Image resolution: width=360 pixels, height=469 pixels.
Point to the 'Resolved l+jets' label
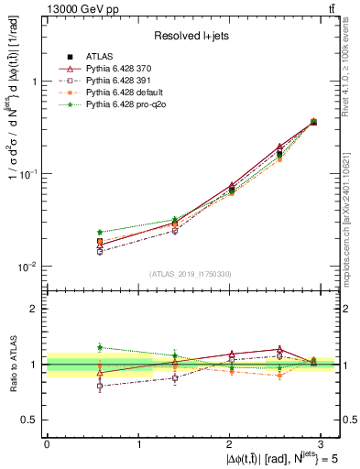pos(191,36)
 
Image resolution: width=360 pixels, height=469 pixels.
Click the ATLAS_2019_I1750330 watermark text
pos(191,274)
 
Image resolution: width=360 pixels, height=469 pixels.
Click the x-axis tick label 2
pos(232,442)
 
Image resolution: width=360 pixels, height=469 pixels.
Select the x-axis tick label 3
pos(324,442)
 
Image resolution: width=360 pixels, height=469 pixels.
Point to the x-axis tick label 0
pos(47,442)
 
